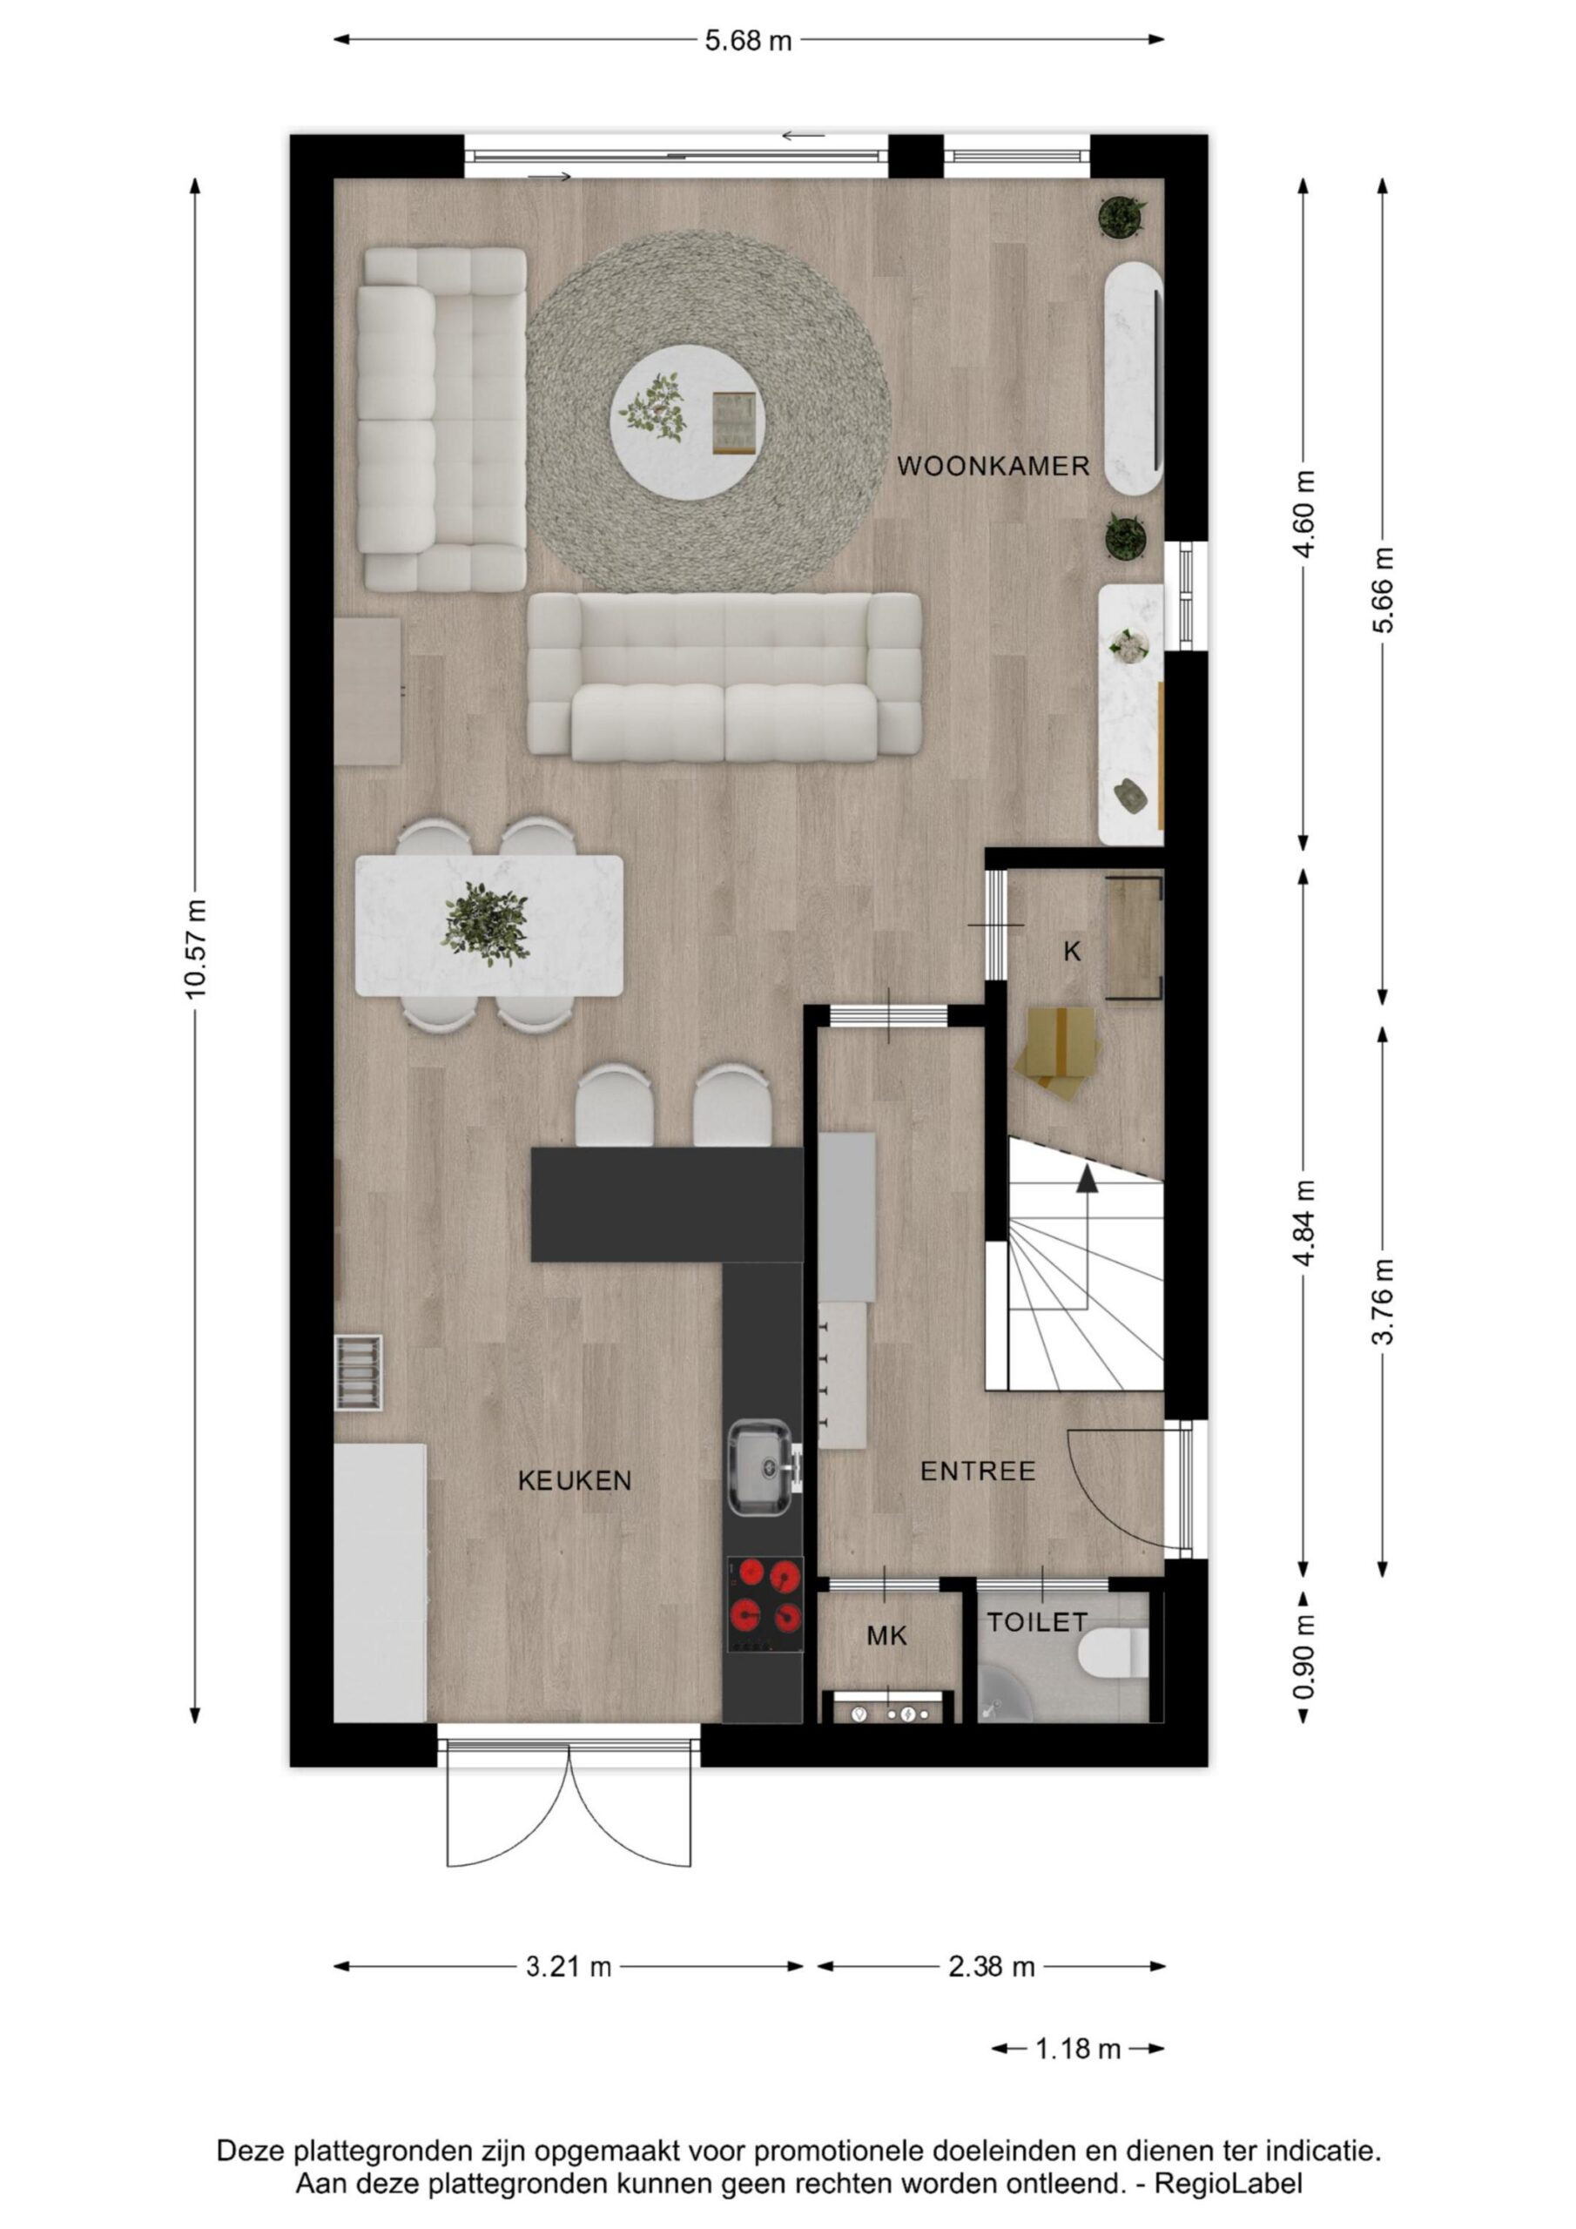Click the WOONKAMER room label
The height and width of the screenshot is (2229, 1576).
pos(993,467)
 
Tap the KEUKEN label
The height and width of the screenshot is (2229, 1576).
pos(575,1481)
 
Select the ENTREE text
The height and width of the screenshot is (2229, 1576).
pos(978,1471)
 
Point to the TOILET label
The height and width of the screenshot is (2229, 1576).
pos(1037,1622)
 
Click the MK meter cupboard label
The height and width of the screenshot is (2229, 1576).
pos(886,1637)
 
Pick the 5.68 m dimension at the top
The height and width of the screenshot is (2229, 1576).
pos(748,41)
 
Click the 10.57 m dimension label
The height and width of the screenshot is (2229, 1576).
pos(195,948)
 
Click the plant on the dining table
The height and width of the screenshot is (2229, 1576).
pos(487,923)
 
